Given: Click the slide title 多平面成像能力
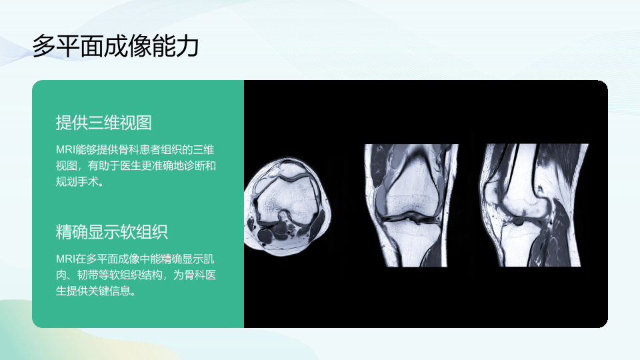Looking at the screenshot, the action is pyautogui.click(x=115, y=46).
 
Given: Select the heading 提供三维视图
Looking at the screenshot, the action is pyautogui.click(x=104, y=123).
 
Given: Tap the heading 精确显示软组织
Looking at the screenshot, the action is pyautogui.click(x=112, y=232).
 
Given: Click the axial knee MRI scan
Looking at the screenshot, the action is pyautogui.click(x=287, y=207).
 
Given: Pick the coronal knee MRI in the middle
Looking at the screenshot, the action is pyautogui.click(x=411, y=205).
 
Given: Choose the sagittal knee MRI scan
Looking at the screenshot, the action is pyautogui.click(x=533, y=205).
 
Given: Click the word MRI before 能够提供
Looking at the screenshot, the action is pyautogui.click(x=66, y=150).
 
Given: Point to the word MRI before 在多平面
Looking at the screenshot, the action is pyautogui.click(x=66, y=259).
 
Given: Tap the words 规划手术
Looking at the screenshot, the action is pyautogui.click(x=77, y=182).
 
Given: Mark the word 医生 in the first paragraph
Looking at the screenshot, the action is pyautogui.click(x=130, y=166).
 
